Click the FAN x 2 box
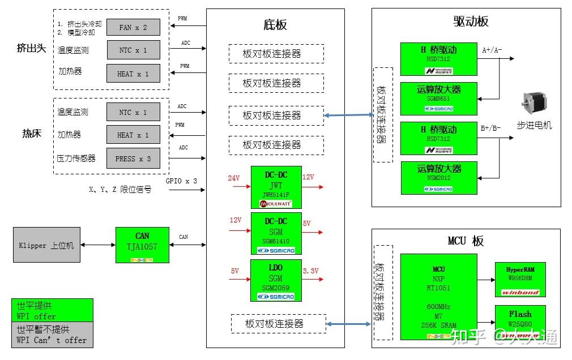pyautogui.click(x=133, y=27)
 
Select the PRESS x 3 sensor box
pyautogui.click(x=133, y=158)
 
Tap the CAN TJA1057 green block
pyautogui.click(x=142, y=245)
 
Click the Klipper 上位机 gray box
pyautogui.click(x=47, y=245)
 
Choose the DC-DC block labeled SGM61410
pyautogui.click(x=276, y=234)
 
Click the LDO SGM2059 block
pyautogui.click(x=276, y=280)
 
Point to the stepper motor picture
pyautogui.click(x=533, y=104)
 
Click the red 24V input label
pyautogui.click(x=234, y=178)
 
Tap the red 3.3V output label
pyautogui.click(x=311, y=271)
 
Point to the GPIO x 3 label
pyautogui.click(x=181, y=181)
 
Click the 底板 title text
pyautogui.click(x=275, y=24)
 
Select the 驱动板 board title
pyautogui.click(x=471, y=22)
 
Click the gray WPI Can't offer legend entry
pyautogui.click(x=52, y=335)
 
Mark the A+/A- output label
pyautogui.click(x=492, y=50)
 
